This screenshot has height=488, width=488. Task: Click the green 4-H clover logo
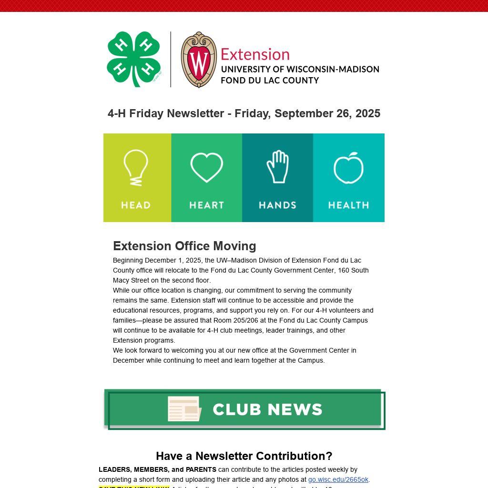[133, 59]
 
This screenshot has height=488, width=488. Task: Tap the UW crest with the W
[199, 60]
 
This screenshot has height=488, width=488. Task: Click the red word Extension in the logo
[255, 54]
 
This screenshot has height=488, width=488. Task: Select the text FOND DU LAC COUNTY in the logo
[270, 80]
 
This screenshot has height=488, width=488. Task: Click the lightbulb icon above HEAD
[136, 167]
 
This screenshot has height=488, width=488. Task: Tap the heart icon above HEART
[206, 167]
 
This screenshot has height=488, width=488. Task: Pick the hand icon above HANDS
[277, 167]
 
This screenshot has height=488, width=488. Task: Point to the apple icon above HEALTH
[348, 168]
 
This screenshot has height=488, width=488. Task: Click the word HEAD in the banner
[136, 205]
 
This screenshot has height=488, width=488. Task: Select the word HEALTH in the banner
[348, 205]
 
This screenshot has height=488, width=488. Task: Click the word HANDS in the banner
[277, 205]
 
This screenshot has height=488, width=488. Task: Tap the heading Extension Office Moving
[184, 246]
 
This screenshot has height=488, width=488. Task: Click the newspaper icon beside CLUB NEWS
[184, 409]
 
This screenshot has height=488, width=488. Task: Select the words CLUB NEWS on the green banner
[267, 409]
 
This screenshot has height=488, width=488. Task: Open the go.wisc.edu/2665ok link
[338, 479]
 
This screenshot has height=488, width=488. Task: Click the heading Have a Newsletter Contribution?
[244, 456]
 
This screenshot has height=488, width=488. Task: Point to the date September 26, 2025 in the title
[327, 113]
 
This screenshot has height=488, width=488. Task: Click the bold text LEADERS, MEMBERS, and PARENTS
[157, 469]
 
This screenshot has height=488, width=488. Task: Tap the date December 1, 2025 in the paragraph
[173, 260]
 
